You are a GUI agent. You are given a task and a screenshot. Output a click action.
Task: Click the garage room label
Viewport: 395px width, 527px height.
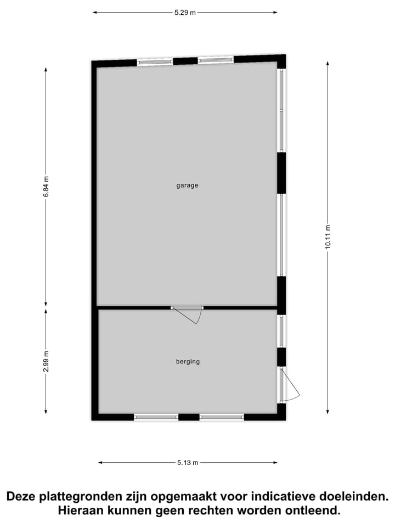point(187,186)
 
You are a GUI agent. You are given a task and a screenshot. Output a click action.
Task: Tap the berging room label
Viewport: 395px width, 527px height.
point(188,362)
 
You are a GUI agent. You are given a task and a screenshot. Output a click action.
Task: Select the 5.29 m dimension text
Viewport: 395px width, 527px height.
point(185,13)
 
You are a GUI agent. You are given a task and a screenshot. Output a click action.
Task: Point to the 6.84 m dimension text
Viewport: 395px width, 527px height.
point(46,187)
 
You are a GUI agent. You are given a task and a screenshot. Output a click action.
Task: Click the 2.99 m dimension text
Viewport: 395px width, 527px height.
point(46,361)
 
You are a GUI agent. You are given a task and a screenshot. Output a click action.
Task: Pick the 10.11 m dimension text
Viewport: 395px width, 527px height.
point(328,237)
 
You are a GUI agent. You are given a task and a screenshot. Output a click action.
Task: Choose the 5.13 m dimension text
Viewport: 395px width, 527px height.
point(188,463)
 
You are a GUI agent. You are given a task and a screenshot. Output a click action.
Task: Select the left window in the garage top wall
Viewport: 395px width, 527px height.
point(155,62)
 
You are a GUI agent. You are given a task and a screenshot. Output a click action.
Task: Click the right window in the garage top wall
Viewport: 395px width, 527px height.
point(216,60)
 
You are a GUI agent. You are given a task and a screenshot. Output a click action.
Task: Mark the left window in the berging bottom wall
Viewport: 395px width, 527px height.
point(156,417)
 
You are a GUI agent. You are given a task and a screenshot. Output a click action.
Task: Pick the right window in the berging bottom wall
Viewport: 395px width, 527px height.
point(222,417)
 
